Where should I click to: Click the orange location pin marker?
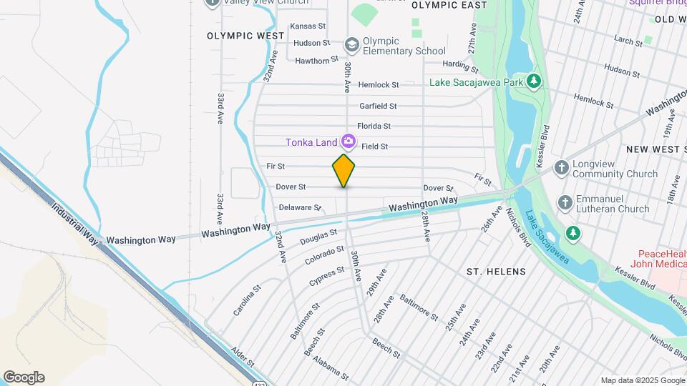click(343, 171)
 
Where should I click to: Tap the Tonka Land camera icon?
click(349, 142)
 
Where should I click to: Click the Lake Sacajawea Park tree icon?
click(533, 81)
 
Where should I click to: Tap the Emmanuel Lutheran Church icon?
click(565, 203)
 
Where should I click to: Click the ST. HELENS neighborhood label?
click(496, 272)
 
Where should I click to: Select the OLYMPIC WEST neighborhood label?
click(235, 35)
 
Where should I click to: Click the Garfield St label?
click(378, 106)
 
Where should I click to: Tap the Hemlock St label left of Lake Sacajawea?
click(379, 84)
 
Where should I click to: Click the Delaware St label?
click(299, 207)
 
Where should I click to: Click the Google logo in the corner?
click(24, 377)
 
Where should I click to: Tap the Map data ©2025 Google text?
click(641, 380)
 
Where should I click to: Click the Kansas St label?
click(308, 26)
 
